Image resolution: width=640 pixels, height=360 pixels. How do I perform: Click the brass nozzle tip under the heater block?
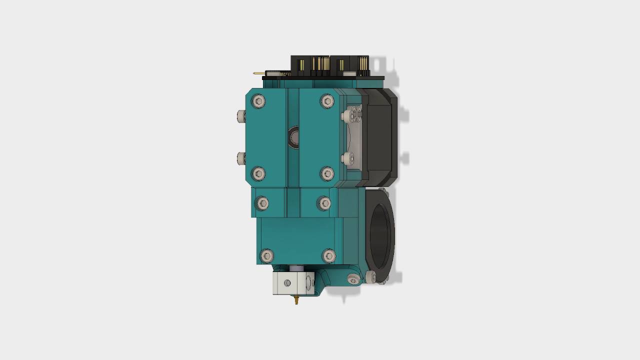click(296, 300)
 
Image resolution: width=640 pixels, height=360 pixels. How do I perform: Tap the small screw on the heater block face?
click(287, 283)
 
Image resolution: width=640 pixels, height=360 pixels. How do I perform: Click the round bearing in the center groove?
click(293, 137)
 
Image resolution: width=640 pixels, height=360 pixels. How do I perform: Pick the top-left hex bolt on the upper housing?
click(258, 102)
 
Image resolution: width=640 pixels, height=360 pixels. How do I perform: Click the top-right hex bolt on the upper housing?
click(327, 101)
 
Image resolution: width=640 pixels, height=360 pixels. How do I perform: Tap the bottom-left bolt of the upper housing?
click(258, 173)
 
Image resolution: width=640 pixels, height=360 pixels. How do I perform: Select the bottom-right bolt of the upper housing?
click(327, 173)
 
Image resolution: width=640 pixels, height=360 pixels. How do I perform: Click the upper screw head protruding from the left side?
click(241, 116)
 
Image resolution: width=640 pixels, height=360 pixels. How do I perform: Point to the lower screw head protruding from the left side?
click(241, 158)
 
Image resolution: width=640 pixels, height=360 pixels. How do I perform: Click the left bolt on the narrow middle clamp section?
click(262, 203)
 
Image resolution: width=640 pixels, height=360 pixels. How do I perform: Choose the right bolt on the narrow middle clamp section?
click(324, 203)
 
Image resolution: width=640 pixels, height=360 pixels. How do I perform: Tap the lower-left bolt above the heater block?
click(267, 256)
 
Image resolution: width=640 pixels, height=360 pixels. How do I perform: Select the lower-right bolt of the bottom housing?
click(328, 256)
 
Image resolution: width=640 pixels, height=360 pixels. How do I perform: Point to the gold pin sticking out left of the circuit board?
click(258, 73)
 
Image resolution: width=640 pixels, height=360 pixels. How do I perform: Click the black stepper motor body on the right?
click(380, 135)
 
